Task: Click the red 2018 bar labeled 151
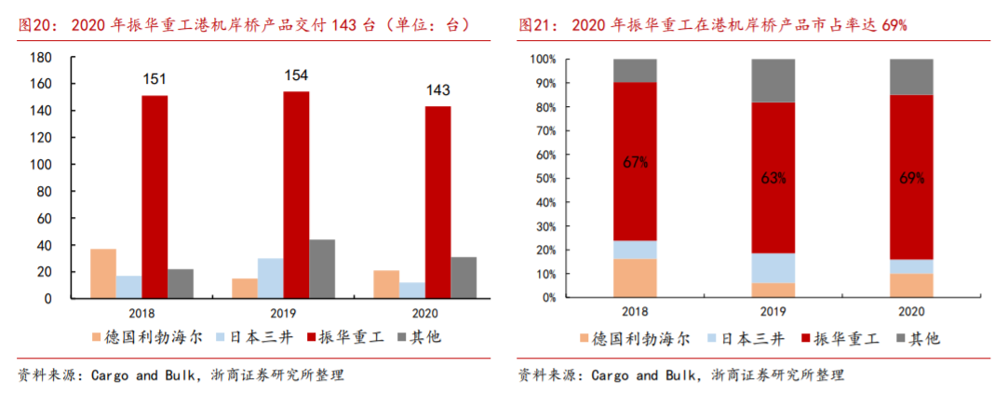(x=155, y=196)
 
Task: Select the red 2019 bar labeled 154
(x=296, y=195)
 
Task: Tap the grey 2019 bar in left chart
(x=322, y=268)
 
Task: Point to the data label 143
(x=437, y=90)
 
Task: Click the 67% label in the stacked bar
(x=635, y=162)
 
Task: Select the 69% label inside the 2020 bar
(x=911, y=177)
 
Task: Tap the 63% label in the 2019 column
(x=773, y=177)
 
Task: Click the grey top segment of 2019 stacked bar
(x=773, y=80)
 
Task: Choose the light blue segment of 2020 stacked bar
(x=911, y=266)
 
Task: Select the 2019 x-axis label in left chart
(x=296, y=314)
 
